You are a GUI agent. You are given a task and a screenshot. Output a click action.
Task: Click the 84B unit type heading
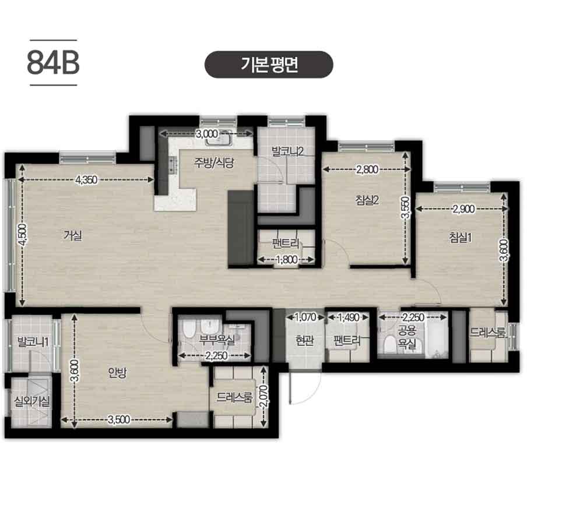click(53, 63)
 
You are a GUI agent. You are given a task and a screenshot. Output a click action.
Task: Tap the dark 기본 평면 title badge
click(269, 65)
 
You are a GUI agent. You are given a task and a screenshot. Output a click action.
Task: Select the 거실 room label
click(73, 235)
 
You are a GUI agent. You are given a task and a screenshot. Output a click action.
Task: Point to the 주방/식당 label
click(214, 163)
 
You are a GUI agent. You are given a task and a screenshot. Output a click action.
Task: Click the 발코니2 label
click(287, 151)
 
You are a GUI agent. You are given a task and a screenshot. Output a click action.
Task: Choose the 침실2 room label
click(367, 200)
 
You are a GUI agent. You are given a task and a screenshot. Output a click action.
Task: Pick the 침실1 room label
click(461, 237)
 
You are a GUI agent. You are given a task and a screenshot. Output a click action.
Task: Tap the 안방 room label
click(118, 373)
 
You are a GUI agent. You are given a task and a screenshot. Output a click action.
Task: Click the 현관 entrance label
click(304, 340)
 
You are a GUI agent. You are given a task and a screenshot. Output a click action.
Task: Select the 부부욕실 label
click(217, 340)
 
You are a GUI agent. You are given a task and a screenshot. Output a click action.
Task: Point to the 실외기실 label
click(31, 401)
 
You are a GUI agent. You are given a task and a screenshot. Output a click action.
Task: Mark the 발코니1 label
click(33, 342)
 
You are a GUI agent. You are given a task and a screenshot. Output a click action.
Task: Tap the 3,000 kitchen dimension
click(207, 134)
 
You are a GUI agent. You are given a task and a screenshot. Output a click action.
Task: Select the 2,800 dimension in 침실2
click(367, 169)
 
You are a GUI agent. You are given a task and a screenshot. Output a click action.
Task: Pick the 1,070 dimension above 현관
click(305, 317)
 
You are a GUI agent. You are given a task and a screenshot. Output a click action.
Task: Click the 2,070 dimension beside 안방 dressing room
click(263, 397)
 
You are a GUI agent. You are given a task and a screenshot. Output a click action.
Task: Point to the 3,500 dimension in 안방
click(119, 419)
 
